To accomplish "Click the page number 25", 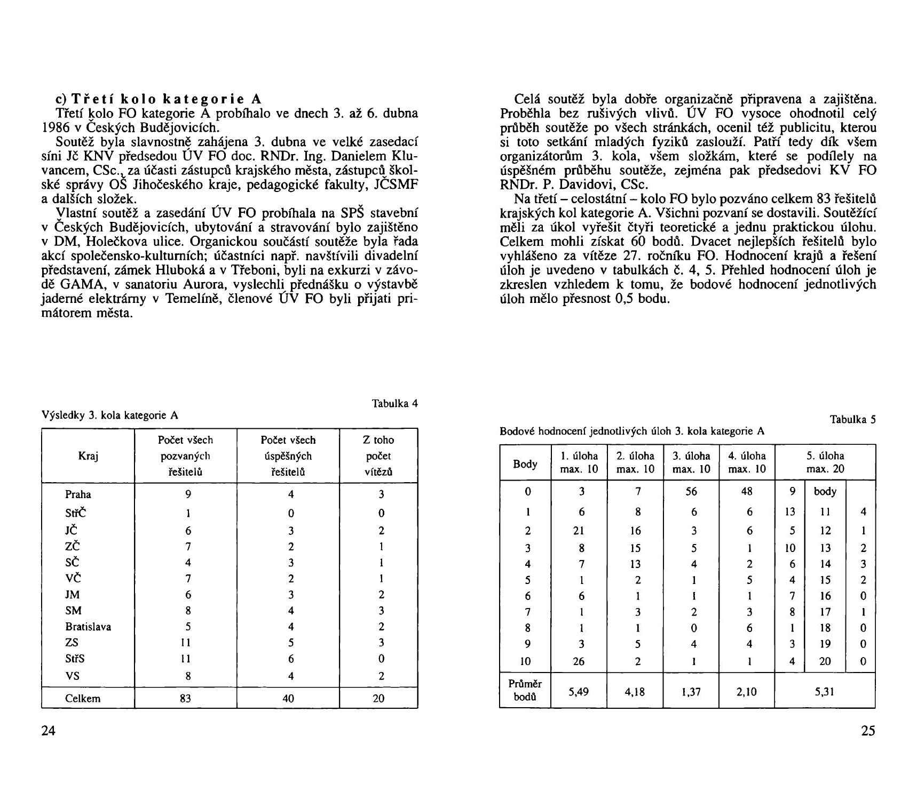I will (868, 731).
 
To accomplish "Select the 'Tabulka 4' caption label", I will (394, 403).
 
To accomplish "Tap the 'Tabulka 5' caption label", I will (853, 420).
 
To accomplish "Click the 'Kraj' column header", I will (88, 456).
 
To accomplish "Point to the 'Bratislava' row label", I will (88, 627).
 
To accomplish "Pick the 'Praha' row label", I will (78, 494).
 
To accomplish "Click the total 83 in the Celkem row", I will (185, 698).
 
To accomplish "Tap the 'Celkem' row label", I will (83, 698).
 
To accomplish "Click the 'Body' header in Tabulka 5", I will (525, 464).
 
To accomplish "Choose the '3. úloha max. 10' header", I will (691, 463).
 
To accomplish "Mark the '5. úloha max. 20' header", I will (825, 463).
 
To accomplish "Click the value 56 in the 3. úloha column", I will (691, 491).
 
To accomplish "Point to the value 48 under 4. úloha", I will (747, 491).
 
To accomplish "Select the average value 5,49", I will (579, 692).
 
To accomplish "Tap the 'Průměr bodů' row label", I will (525, 691).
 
